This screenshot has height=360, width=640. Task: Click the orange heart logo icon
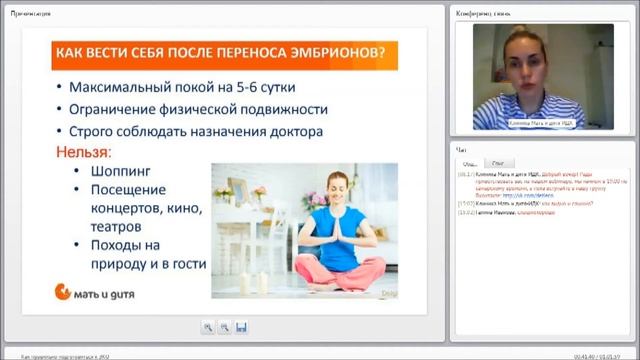click(x=62, y=291)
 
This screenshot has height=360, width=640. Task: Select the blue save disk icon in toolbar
click(x=241, y=327)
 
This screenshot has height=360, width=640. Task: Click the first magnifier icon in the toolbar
click(x=207, y=327)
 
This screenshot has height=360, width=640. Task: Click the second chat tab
click(x=497, y=162)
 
